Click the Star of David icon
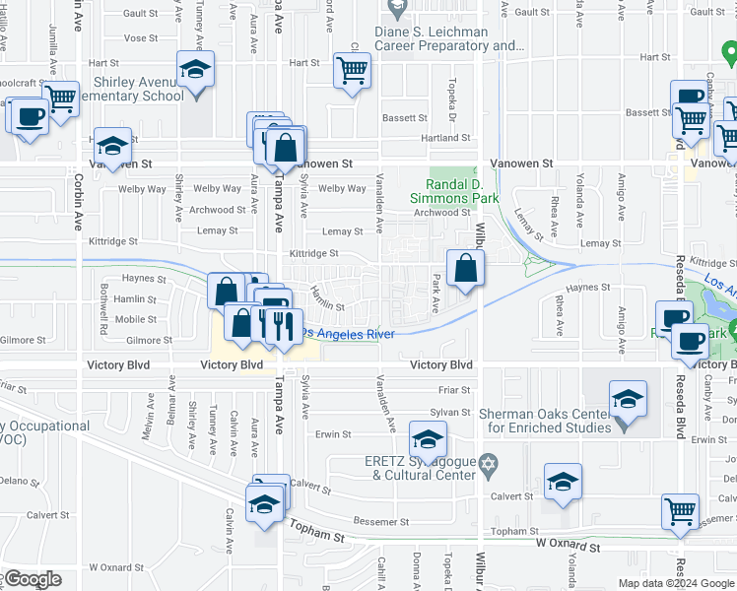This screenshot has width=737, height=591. click(487, 463)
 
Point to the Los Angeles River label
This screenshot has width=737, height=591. click(348, 334)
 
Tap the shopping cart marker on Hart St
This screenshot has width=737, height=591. click(352, 71)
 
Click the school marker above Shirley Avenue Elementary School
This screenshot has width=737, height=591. click(195, 70)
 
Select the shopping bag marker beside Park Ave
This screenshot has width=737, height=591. click(466, 267)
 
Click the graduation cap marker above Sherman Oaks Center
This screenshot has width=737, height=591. click(627, 400)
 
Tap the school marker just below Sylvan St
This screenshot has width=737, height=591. click(428, 440)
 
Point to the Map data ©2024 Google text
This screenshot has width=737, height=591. click(676, 583)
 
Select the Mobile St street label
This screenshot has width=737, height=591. click(136, 319)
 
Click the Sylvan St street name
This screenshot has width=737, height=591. click(451, 412)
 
